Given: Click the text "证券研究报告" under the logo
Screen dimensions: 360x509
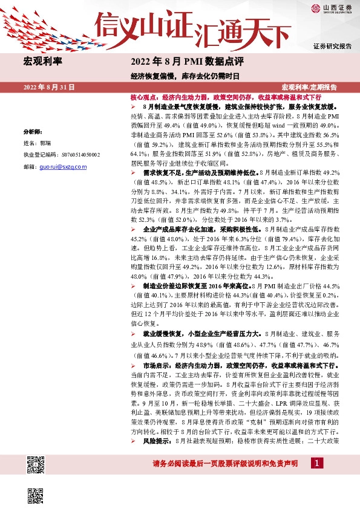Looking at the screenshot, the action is click(332, 46).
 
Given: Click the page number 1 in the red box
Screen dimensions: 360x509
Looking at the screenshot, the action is click(315, 462).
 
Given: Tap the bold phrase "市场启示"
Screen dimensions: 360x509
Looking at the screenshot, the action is click(156, 367).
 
